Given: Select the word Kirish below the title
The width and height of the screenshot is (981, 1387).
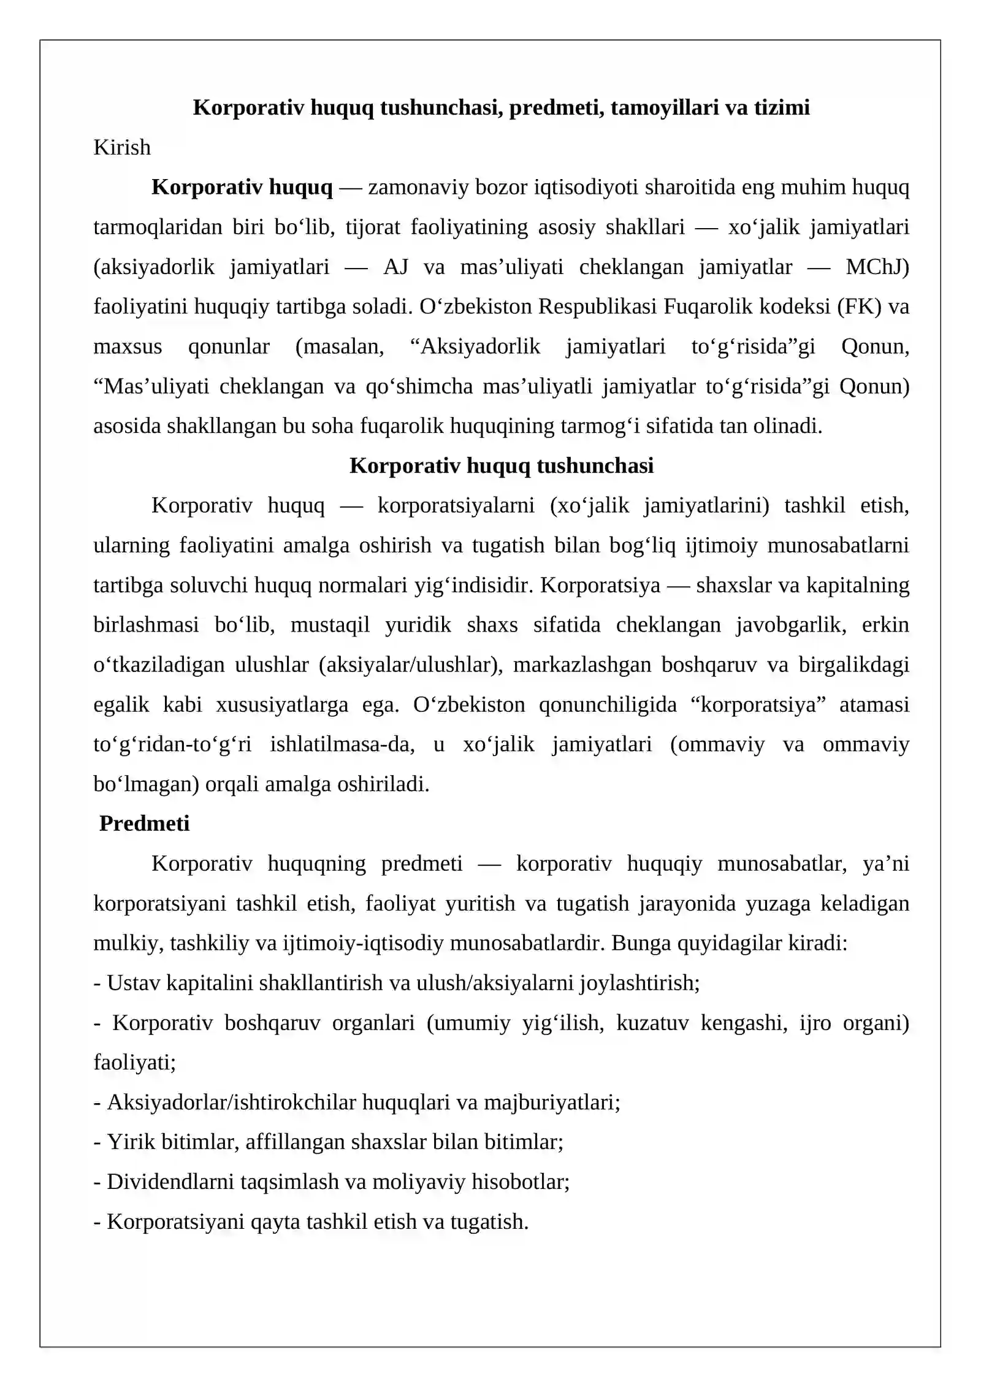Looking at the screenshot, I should (122, 147).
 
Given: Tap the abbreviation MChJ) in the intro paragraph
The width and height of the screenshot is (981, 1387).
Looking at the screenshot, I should (877, 267).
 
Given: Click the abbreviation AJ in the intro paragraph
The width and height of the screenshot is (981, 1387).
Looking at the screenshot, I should (395, 267).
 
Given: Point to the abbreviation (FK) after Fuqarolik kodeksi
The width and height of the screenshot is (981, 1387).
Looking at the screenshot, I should (860, 307).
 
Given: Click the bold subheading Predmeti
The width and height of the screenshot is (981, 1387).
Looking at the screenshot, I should (144, 823).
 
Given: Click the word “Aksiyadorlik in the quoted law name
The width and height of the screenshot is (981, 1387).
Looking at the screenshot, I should (475, 346).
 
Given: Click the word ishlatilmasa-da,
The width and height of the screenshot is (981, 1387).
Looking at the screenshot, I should (342, 744).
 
